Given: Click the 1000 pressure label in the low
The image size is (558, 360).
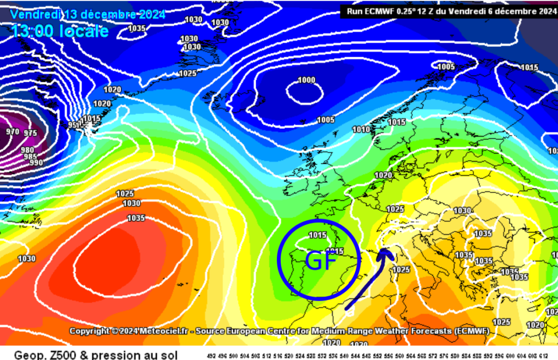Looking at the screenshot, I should pos(306,80).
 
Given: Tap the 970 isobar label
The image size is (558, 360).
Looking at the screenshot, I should pos(12,132).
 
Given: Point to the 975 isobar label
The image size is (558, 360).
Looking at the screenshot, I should pos(31,133).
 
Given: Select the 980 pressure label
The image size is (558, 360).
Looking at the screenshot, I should pos(27,150).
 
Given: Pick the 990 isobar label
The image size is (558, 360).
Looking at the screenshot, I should pos(37,162).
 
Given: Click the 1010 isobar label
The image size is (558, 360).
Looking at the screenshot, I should pos(361,130).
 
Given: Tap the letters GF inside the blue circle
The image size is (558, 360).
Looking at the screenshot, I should pos(319,262).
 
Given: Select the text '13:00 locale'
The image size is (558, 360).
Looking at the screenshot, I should pos(59,32).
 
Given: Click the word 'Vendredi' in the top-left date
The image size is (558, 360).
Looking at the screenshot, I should pos(34,14).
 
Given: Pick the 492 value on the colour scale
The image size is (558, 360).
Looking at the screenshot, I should pos(212,356).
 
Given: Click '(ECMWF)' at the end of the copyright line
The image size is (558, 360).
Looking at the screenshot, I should pos(470,331).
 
